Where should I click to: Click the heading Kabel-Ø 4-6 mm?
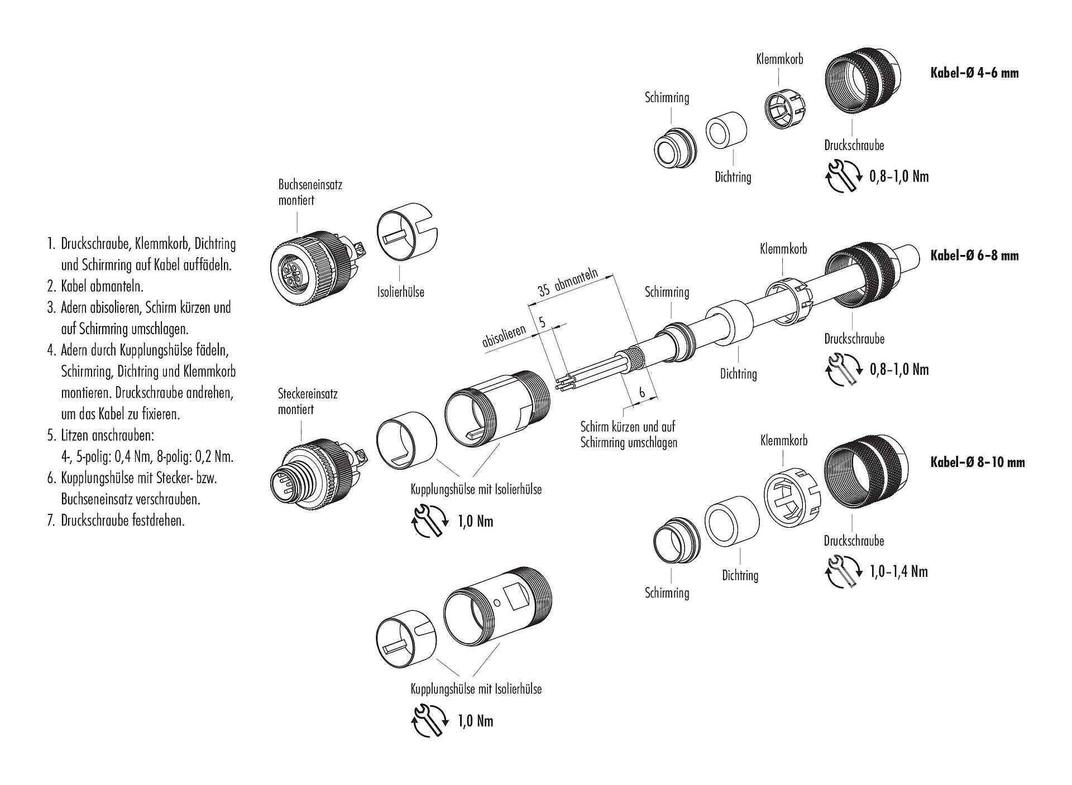click(x=974, y=73)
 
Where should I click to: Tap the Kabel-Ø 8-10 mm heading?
click(x=977, y=462)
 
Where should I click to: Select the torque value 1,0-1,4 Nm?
click(x=898, y=571)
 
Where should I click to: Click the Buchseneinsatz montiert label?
click(x=310, y=192)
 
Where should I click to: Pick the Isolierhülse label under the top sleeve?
click(x=400, y=291)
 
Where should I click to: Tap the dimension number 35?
click(x=544, y=290)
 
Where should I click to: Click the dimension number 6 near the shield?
click(x=642, y=393)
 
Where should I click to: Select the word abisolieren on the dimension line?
click(x=504, y=337)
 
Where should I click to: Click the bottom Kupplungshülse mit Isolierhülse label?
click(x=476, y=689)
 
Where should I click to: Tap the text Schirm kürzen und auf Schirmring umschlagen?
click(x=628, y=435)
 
